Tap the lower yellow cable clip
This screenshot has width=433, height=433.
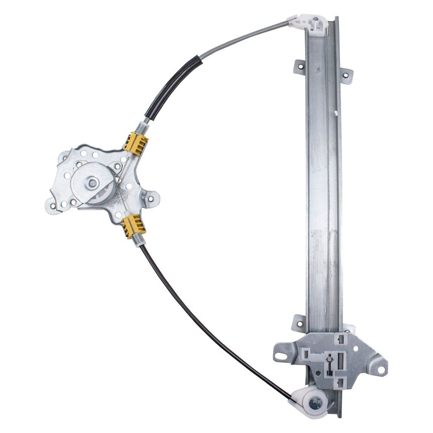pyautogui.click(x=134, y=226)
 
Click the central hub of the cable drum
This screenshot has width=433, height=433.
pyautogui.click(x=92, y=183)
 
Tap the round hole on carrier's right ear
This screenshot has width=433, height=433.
pyautogui.click(x=381, y=370)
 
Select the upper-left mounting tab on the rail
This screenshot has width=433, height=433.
pyautogui.click(x=299, y=67)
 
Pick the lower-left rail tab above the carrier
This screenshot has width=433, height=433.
pyautogui.click(x=298, y=323)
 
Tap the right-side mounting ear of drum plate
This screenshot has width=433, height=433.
pyautogui.click(x=151, y=199)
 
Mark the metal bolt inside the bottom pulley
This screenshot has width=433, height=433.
pyautogui.click(x=316, y=405)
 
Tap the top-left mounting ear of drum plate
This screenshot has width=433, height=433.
pyautogui.click(x=65, y=157)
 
